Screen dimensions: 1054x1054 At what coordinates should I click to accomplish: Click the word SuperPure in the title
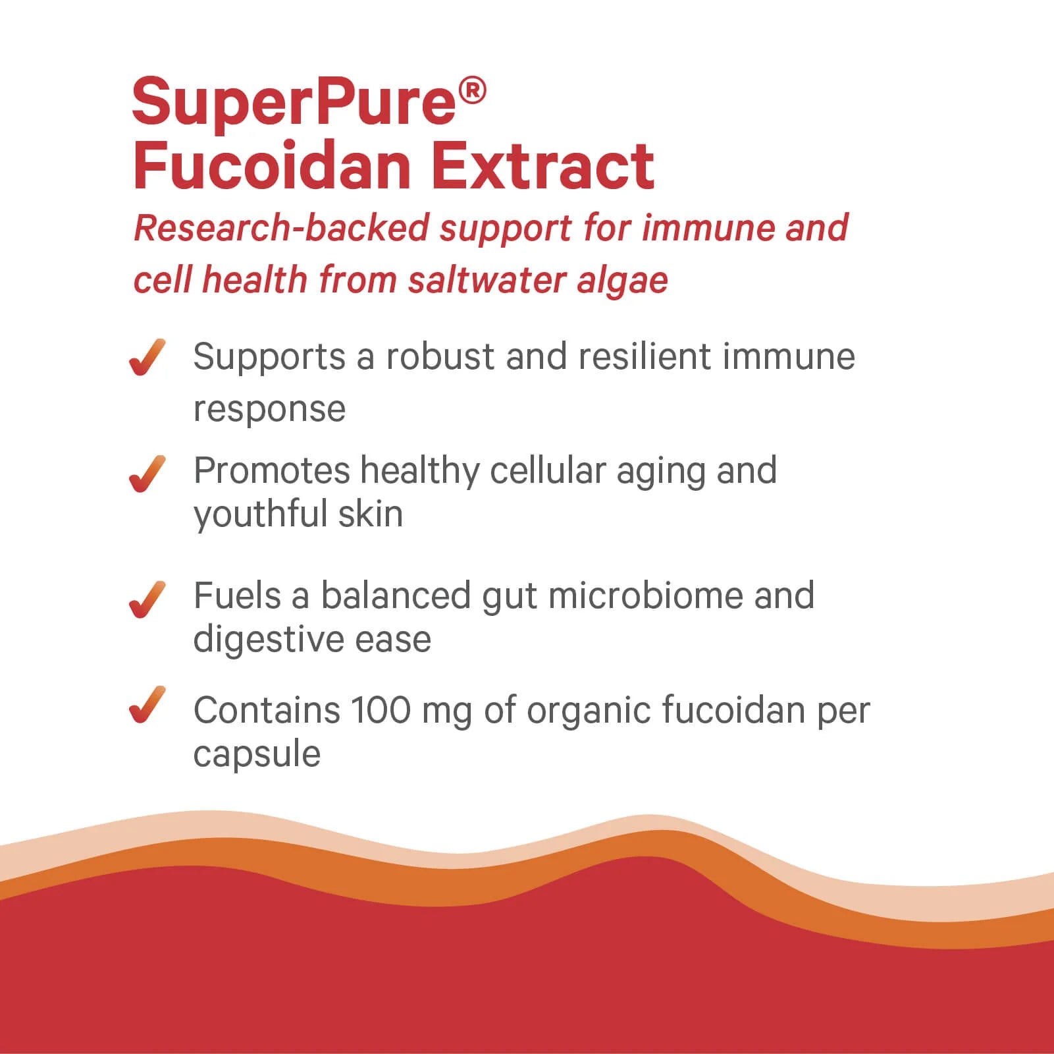point(294,103)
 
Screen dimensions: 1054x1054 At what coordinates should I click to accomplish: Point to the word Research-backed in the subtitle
point(281,228)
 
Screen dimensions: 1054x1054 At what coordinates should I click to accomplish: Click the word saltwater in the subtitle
point(486,279)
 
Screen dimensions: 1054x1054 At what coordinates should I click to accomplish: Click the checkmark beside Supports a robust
point(147,358)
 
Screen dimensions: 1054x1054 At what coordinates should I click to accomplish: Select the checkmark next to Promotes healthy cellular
point(147,474)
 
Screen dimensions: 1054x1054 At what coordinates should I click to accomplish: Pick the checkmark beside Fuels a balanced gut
point(147,599)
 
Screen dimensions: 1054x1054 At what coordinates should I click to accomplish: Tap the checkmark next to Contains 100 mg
point(147,705)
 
